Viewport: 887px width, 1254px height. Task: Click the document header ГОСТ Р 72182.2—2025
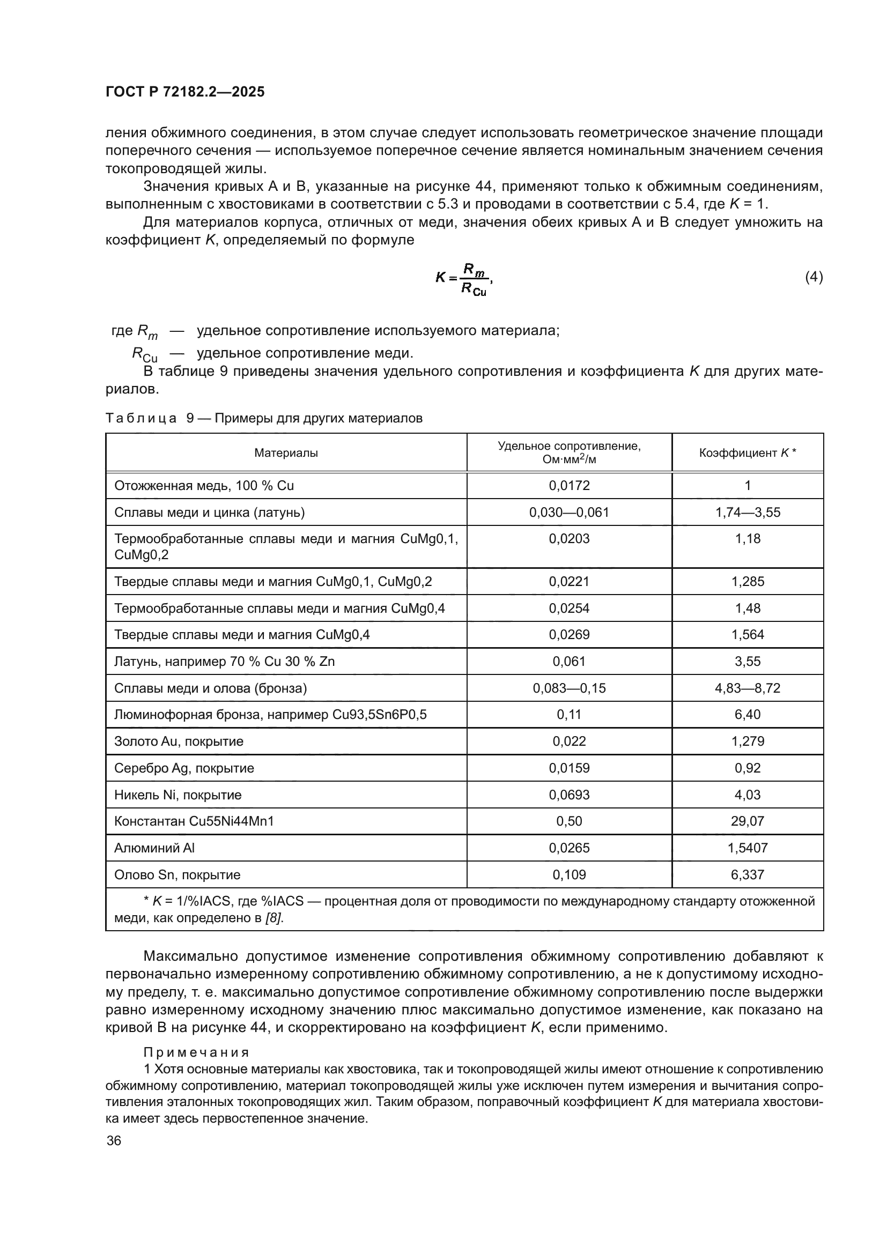pyautogui.click(x=184, y=92)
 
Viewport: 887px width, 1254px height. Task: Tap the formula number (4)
pyautogui.click(x=814, y=277)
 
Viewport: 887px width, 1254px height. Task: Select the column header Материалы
pyautogui.click(x=286, y=453)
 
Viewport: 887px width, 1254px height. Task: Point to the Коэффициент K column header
pyautogui.click(x=747, y=453)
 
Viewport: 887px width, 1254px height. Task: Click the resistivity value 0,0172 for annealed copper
pyautogui.click(x=569, y=486)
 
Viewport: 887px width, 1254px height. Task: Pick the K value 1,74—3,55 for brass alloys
pyautogui.click(x=747, y=513)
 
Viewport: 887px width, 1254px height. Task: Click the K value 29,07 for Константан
pyautogui.click(x=747, y=821)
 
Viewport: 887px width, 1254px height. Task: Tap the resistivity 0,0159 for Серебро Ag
pyautogui.click(x=569, y=768)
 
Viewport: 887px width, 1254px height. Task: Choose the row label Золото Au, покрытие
pyautogui.click(x=179, y=741)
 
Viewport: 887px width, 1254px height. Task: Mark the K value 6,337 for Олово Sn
pyautogui.click(x=747, y=874)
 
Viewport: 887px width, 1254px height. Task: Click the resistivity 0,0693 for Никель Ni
pyautogui.click(x=569, y=795)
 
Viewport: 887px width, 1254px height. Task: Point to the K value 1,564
pyautogui.click(x=747, y=635)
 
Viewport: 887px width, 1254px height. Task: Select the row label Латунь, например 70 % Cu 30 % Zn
pyautogui.click(x=224, y=662)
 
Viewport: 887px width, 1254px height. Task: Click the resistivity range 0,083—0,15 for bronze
pyautogui.click(x=569, y=688)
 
